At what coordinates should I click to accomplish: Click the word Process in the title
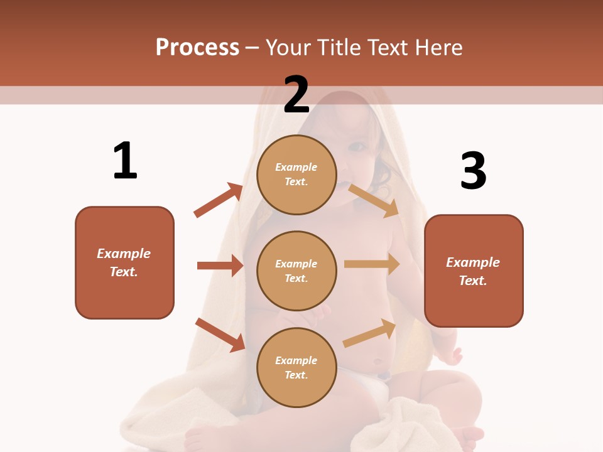[x=197, y=47]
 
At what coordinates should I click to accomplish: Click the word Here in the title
[x=437, y=47]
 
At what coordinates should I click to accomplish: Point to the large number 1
[x=125, y=161]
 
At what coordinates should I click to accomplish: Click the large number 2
[x=296, y=94]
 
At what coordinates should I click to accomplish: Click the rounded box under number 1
[x=124, y=262]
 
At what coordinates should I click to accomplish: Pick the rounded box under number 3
[x=474, y=271]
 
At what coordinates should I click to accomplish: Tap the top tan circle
[x=296, y=175]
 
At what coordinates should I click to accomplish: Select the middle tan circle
[x=296, y=271]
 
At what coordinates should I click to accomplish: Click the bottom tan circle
[x=296, y=367]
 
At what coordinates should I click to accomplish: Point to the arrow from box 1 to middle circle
[x=220, y=266]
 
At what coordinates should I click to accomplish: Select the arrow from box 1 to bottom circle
[x=220, y=335]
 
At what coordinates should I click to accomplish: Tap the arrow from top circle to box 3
[x=373, y=200]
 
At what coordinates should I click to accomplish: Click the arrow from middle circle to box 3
[x=372, y=264]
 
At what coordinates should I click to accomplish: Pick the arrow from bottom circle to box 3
[x=370, y=333]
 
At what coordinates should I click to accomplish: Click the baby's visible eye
[x=357, y=148]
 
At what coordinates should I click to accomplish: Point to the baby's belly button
[x=377, y=362]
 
